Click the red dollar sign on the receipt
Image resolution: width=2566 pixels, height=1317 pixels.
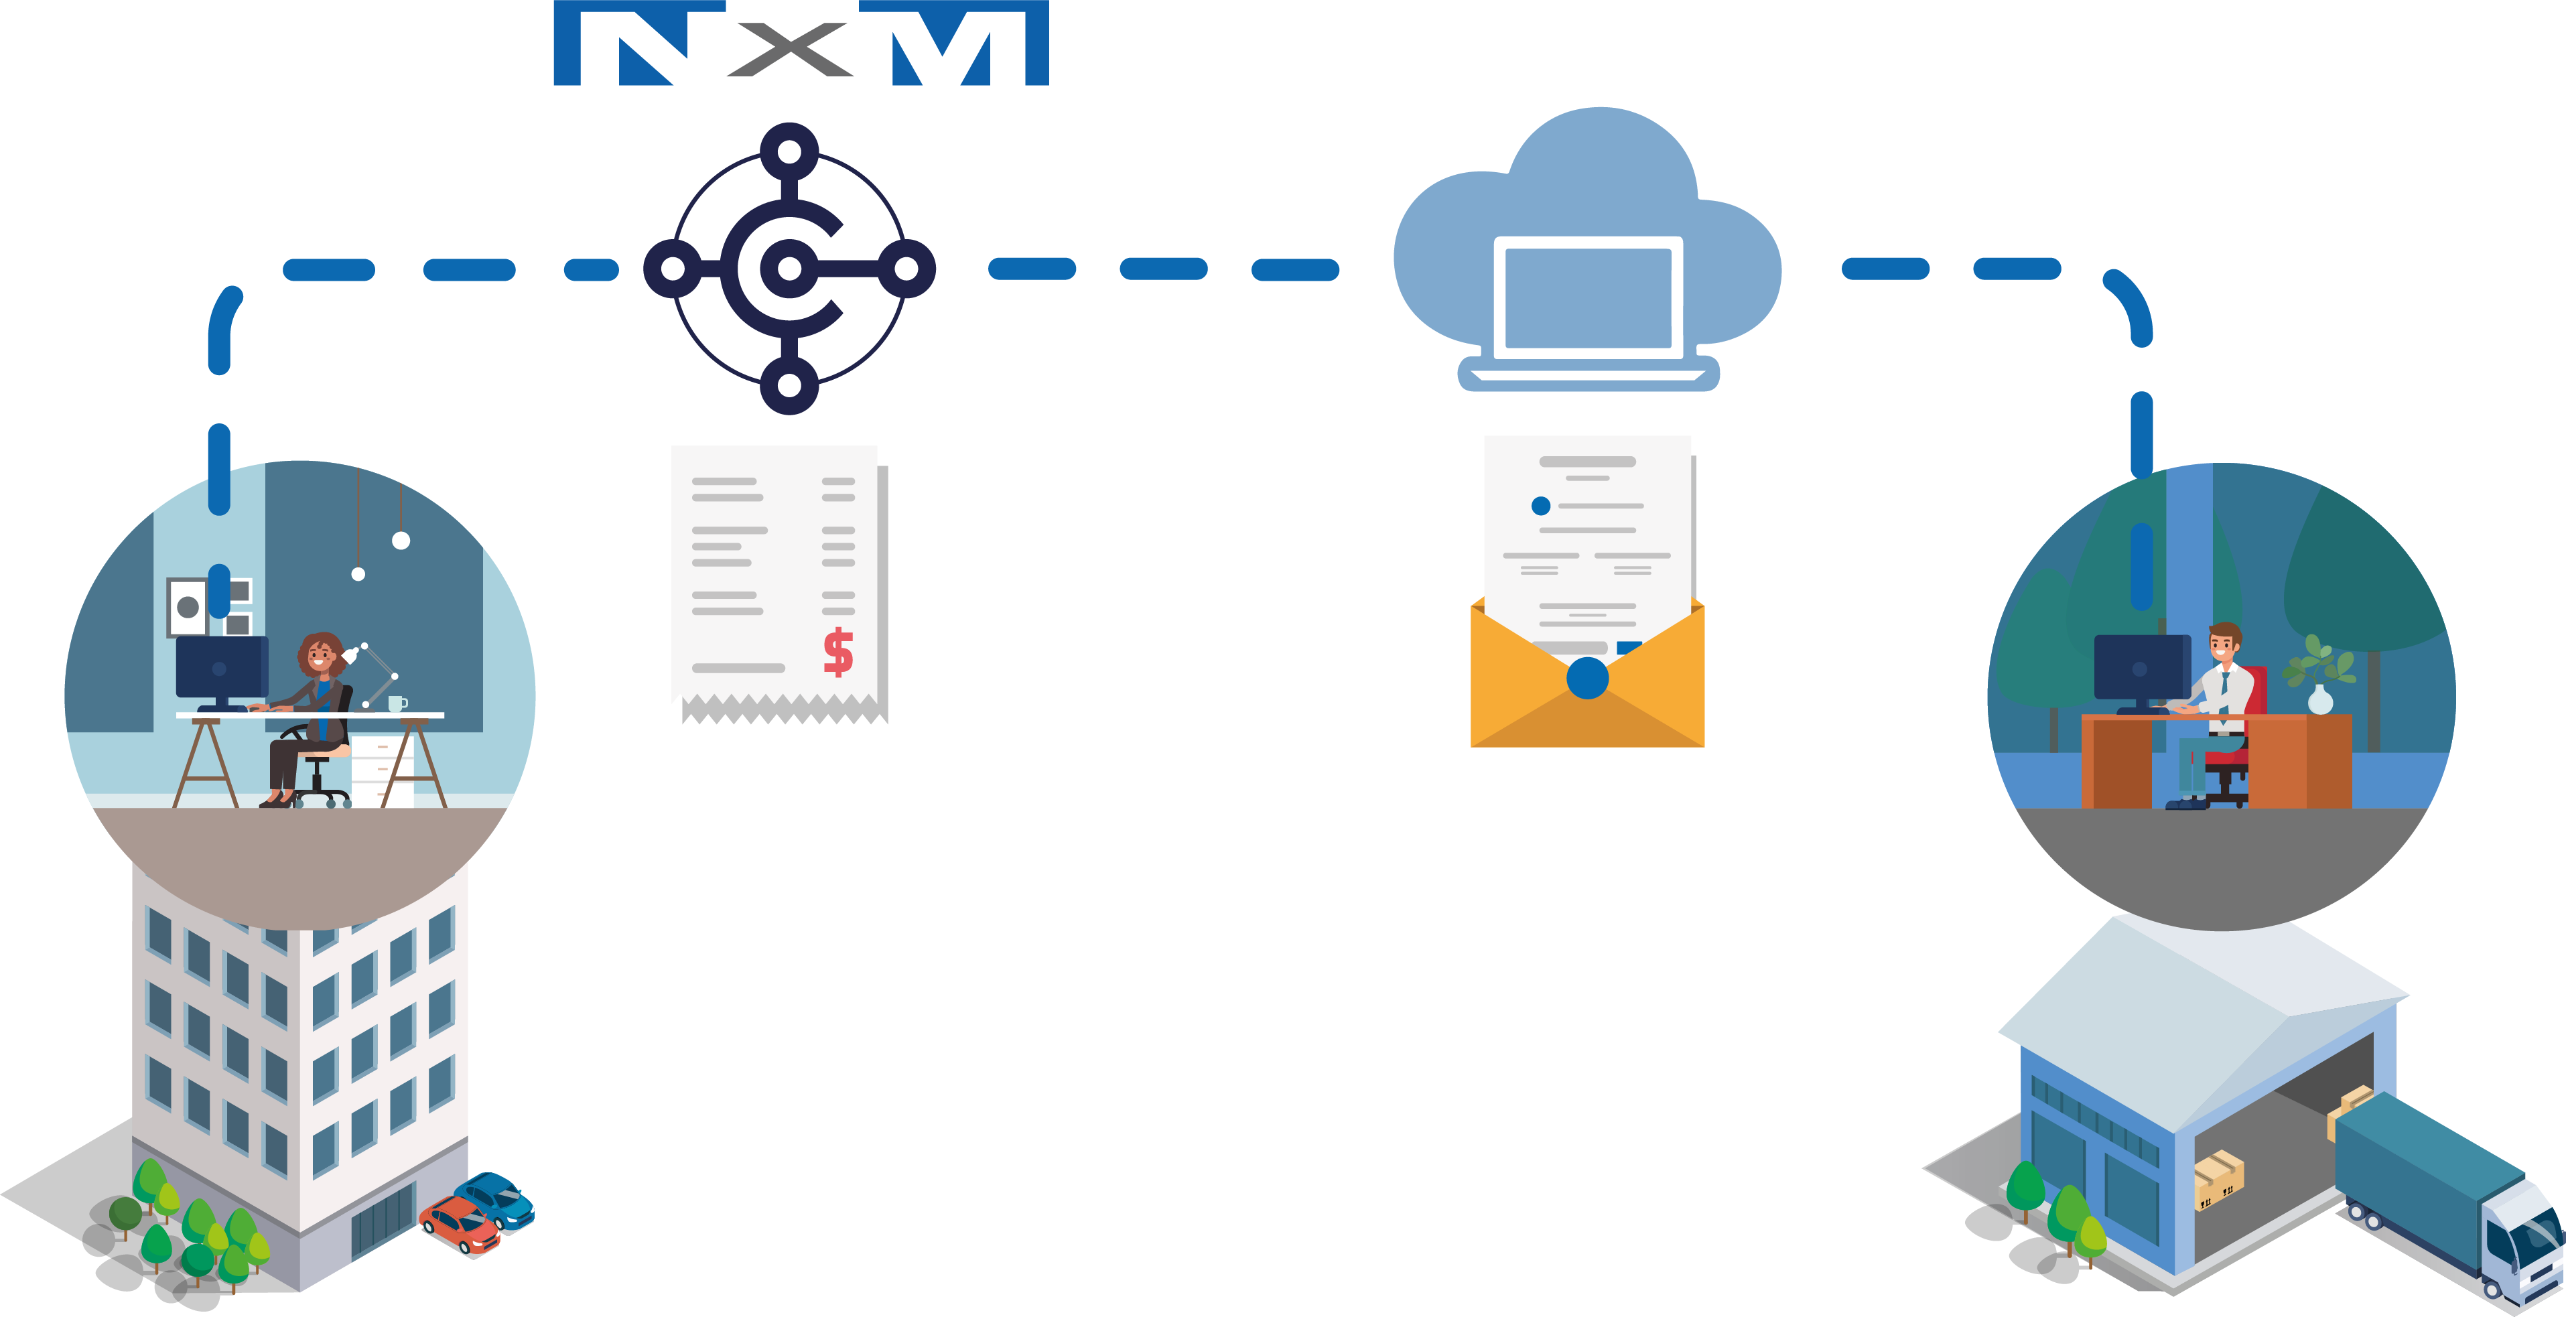[837, 652]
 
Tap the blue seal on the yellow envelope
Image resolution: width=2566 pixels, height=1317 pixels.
[1586, 679]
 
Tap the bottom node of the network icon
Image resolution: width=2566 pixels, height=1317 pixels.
[789, 386]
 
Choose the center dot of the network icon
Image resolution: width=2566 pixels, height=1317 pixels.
[789, 268]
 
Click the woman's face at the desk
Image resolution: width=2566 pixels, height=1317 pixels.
[319, 656]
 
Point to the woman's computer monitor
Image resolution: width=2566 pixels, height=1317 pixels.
[221, 667]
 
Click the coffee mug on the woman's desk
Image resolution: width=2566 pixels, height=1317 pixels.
[395, 703]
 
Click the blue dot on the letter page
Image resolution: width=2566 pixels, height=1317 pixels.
[1540, 506]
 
